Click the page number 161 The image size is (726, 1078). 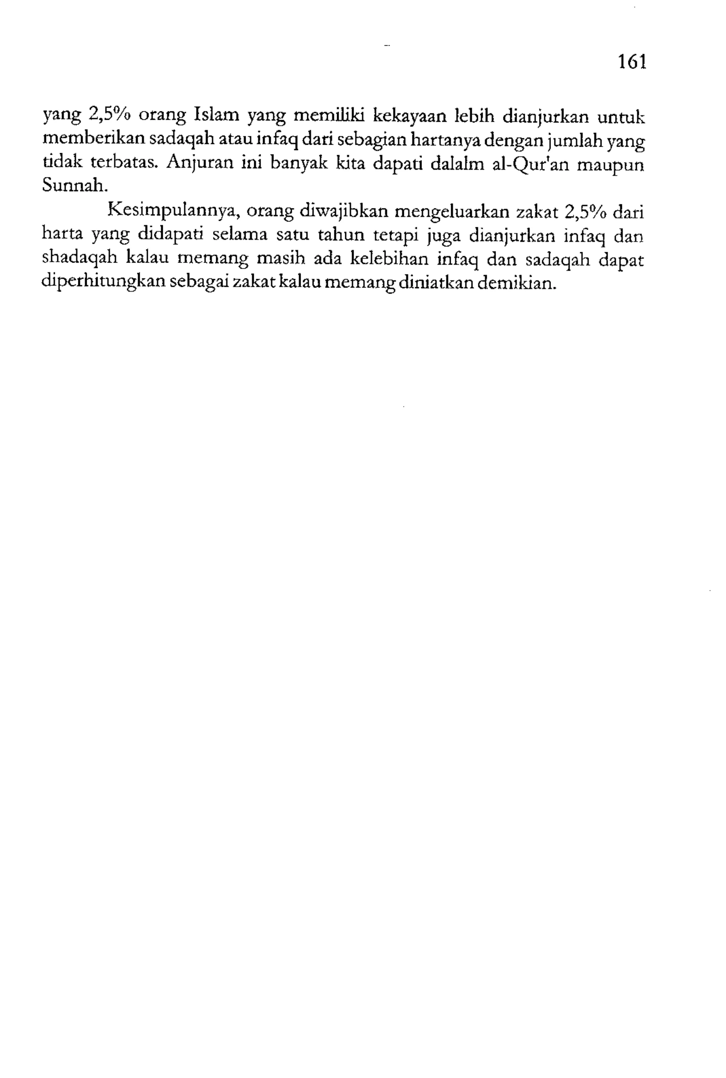(631, 61)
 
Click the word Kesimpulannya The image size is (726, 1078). (173, 212)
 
